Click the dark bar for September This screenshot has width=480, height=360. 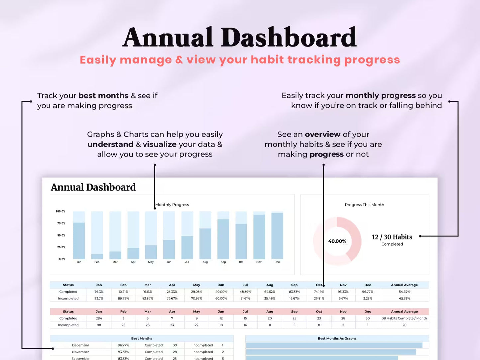pos(223,239)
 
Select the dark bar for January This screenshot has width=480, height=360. pos(79,241)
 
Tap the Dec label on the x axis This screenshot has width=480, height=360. pos(277,262)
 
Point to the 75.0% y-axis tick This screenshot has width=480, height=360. pos(61,223)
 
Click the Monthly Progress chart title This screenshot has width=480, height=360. pos(172,205)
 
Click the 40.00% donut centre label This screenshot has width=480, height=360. pos(337,241)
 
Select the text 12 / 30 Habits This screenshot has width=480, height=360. pos(392,237)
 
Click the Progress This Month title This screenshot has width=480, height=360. pos(364,205)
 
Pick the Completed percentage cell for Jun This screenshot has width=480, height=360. pos(221,292)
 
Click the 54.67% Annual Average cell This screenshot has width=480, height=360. pos(404,292)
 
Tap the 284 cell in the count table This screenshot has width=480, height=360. pos(99,318)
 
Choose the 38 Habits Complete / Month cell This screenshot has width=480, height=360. pos(404,318)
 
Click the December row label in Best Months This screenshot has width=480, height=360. pos(81,345)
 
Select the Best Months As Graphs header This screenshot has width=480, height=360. pos(337,339)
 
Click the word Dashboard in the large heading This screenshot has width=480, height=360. pos(288,37)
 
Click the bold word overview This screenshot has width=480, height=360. pos(323,134)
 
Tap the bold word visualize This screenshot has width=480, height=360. pos(160,144)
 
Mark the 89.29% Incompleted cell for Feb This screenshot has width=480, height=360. pos(123,299)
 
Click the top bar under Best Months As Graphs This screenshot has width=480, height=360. pos(334,345)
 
